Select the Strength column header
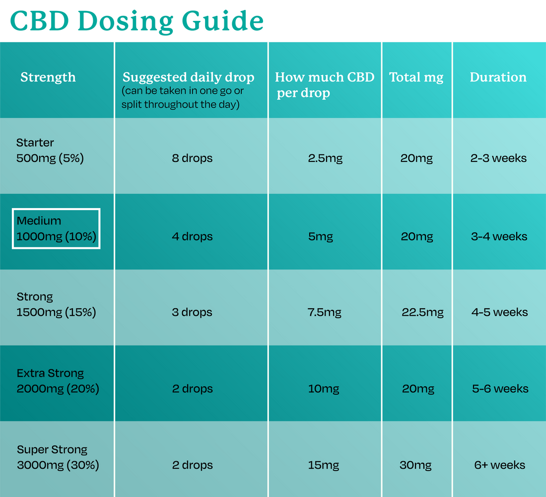pyautogui.click(x=48, y=77)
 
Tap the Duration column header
pyautogui.click(x=498, y=77)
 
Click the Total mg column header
pyautogui.click(x=416, y=77)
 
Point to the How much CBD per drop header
pyautogui.click(x=324, y=84)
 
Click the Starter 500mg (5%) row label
pyautogui.click(x=50, y=150)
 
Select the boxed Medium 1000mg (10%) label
pyautogui.click(x=56, y=228)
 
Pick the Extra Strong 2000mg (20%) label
pyautogui.click(x=58, y=381)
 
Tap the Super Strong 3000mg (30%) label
pyautogui.click(x=58, y=457)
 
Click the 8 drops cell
pyautogui.click(x=192, y=158)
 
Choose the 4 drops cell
pyautogui.click(x=192, y=236)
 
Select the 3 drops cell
pyautogui.click(x=192, y=312)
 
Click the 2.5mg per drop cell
pyautogui.click(x=325, y=158)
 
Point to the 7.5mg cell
pyautogui.click(x=325, y=312)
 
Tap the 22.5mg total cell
pyautogui.click(x=422, y=312)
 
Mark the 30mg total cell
pyautogui.click(x=415, y=465)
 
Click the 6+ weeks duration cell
pyautogui.click(x=499, y=465)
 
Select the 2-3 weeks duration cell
pyautogui.click(x=498, y=158)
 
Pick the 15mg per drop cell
pyautogui.click(x=323, y=465)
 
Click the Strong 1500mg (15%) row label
pyautogui.click(x=56, y=304)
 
